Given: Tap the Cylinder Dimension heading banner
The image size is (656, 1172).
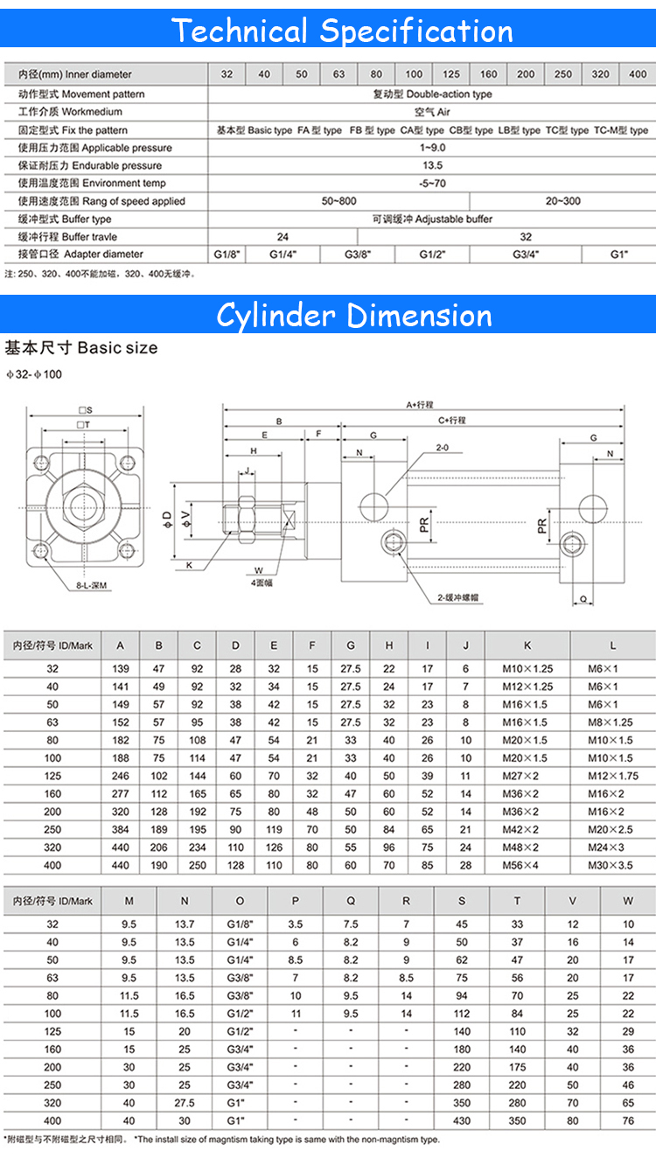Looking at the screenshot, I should coord(354,315).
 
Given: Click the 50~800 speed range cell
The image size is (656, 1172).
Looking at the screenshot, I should coord(338,201).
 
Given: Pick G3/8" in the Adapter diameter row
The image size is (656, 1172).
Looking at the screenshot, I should coord(357,255).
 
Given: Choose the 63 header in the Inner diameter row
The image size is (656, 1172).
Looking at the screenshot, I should coord(338,74).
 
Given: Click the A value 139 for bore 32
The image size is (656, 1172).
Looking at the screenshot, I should coord(121,669).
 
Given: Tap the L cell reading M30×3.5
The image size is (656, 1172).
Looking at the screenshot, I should coord(613,865).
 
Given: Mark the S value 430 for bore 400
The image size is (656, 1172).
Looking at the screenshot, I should coord(462,1120).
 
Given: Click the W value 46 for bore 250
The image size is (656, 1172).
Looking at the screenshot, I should coord(628,1085).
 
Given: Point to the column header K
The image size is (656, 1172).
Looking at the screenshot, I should coord(527,645).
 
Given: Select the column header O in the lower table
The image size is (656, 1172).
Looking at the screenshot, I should coord(240,901).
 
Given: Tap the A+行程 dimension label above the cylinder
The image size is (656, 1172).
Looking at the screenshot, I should coord(419,405).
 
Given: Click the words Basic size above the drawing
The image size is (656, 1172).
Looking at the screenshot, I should coord(117,347).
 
